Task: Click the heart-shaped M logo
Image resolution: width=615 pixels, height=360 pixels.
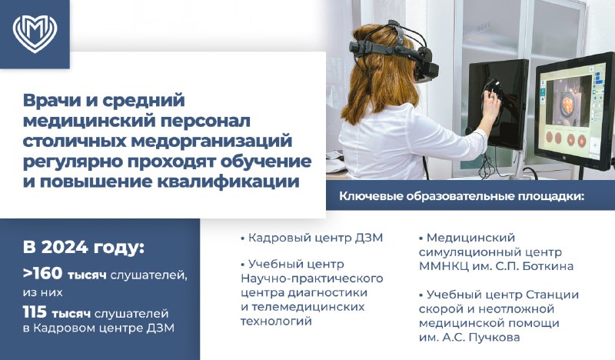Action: pos(35,35)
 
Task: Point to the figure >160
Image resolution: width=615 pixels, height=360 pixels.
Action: pos(43,274)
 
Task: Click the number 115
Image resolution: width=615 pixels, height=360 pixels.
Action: pos(35,312)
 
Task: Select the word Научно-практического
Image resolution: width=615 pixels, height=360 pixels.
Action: pos(312,278)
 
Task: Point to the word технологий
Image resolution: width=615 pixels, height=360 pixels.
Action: pos(276,321)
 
